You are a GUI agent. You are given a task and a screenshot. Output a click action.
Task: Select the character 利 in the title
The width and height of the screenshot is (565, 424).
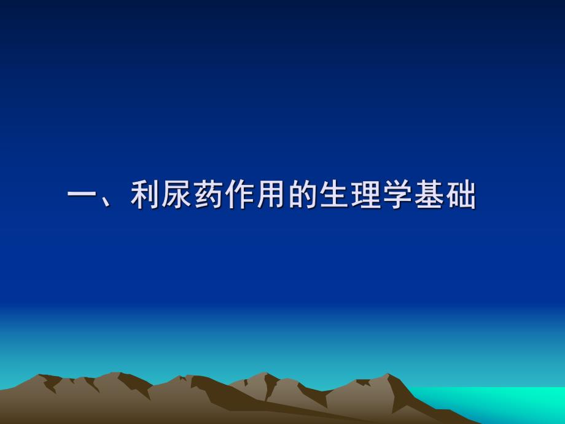[146, 197]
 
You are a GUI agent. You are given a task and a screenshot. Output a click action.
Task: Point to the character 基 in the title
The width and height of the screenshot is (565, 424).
[429, 197]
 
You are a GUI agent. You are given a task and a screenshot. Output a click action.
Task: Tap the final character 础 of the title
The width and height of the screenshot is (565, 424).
[461, 197]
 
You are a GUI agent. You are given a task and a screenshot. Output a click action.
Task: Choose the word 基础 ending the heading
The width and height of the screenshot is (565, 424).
[445, 197]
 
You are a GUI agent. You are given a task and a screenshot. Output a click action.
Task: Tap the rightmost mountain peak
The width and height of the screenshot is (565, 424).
[387, 374]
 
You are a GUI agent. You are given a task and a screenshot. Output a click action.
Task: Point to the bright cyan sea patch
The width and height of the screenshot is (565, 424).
[516, 402]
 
